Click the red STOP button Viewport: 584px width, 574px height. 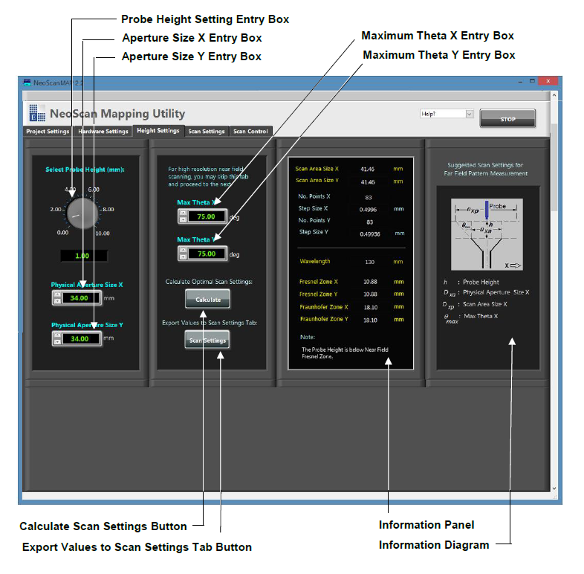point(507,118)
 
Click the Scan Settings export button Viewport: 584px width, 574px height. point(207,340)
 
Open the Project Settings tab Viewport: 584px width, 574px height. point(48,132)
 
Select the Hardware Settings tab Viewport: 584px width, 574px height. point(103,132)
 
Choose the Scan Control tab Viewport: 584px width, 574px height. point(250,132)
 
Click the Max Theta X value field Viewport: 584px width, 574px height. point(206,216)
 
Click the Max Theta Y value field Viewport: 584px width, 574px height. point(206,254)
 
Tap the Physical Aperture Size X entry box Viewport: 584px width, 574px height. point(80,298)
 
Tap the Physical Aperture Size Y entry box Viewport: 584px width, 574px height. point(80,338)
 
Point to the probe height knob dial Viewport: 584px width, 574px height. point(82,214)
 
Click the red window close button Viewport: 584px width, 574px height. point(548,81)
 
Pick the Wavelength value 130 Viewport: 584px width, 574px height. point(369,262)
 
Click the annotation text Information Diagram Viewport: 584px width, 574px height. point(434,545)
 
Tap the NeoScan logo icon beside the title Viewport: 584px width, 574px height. point(37,113)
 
